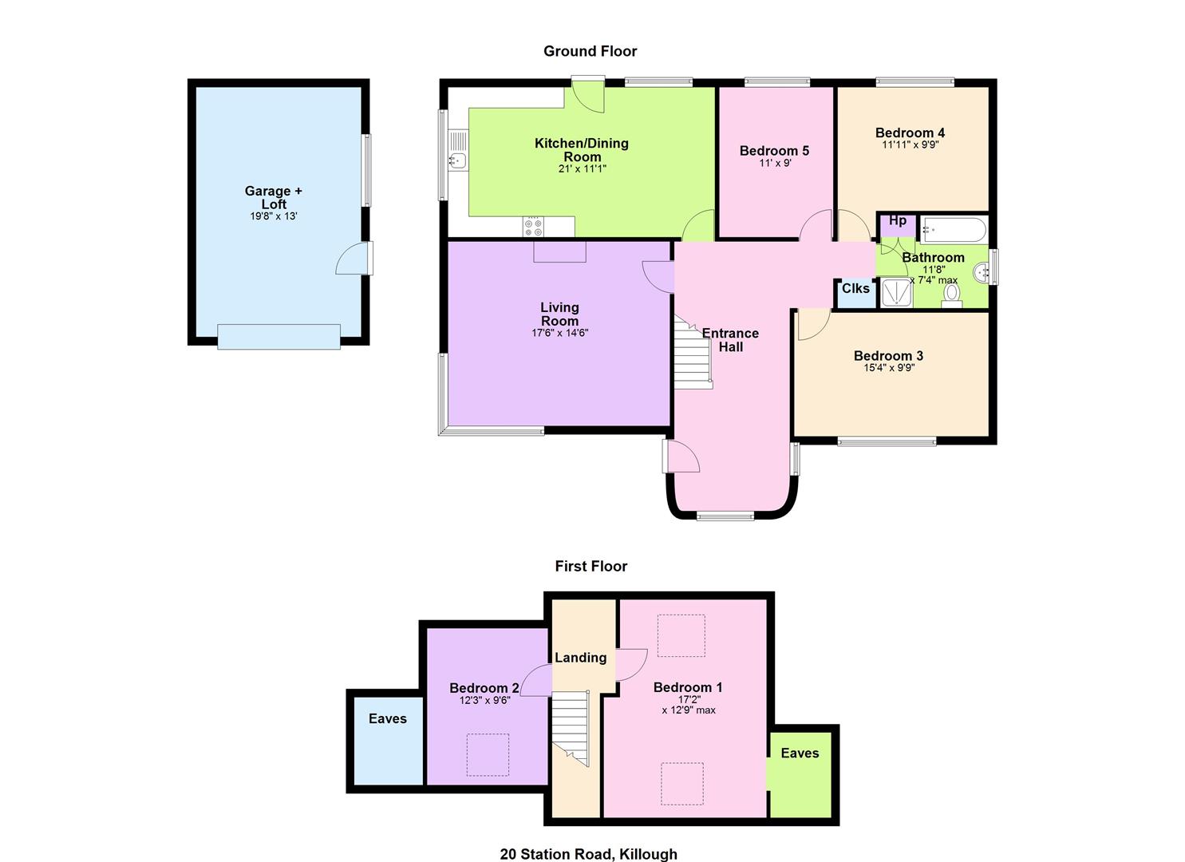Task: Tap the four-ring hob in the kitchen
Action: (x=533, y=227)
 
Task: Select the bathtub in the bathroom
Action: (x=954, y=230)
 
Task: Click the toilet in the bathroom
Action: (x=952, y=295)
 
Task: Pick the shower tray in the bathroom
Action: (x=897, y=293)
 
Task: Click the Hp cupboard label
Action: (x=897, y=220)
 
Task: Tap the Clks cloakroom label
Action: (x=855, y=288)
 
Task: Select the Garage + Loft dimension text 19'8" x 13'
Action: (x=274, y=215)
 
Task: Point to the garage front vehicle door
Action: (x=278, y=337)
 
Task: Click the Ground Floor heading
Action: (x=591, y=51)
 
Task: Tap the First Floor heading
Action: (x=591, y=566)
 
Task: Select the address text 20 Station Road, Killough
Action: (x=589, y=854)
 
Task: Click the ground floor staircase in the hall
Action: (x=693, y=353)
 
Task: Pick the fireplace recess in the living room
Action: (x=559, y=251)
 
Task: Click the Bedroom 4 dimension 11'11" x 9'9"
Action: (x=910, y=144)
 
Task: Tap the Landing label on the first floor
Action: (x=580, y=657)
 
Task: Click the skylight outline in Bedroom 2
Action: (x=488, y=754)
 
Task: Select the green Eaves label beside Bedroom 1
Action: (x=800, y=753)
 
